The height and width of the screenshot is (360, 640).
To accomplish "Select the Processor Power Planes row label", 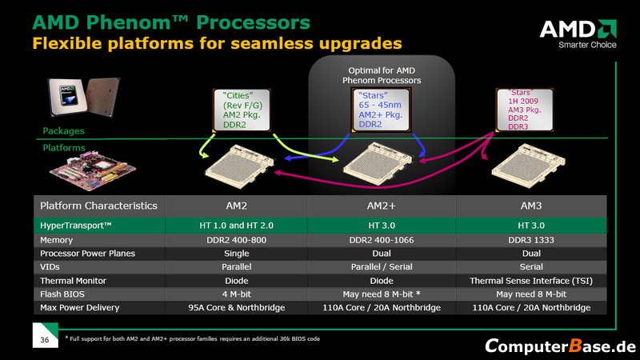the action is pos(88,254).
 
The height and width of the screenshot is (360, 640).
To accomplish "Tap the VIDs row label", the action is pos(52,267).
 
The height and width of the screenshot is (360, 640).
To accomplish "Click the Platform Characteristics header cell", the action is pos(99,206).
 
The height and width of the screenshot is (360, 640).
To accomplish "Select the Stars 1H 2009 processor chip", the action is pos(525,110).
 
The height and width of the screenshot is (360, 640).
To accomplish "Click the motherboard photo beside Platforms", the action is pos(80,169).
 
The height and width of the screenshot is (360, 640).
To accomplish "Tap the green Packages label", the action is pos(63,130).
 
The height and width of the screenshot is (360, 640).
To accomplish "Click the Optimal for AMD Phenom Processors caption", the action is pos(382,75).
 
